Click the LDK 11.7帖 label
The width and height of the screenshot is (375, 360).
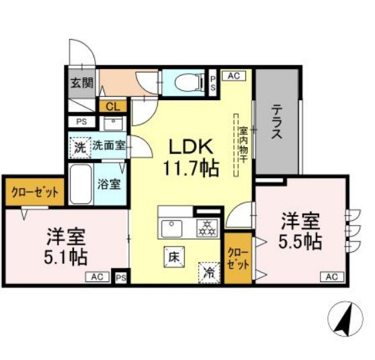pyautogui.click(x=190, y=157)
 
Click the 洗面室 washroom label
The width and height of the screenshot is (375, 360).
pyautogui.click(x=107, y=144)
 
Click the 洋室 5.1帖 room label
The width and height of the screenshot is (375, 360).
pyautogui.click(x=66, y=246)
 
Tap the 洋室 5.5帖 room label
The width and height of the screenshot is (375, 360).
pyautogui.click(x=300, y=230)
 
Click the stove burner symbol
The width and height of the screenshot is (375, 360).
pyautogui.click(x=206, y=228)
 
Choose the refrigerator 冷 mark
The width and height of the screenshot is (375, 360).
pyautogui.click(x=210, y=271)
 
